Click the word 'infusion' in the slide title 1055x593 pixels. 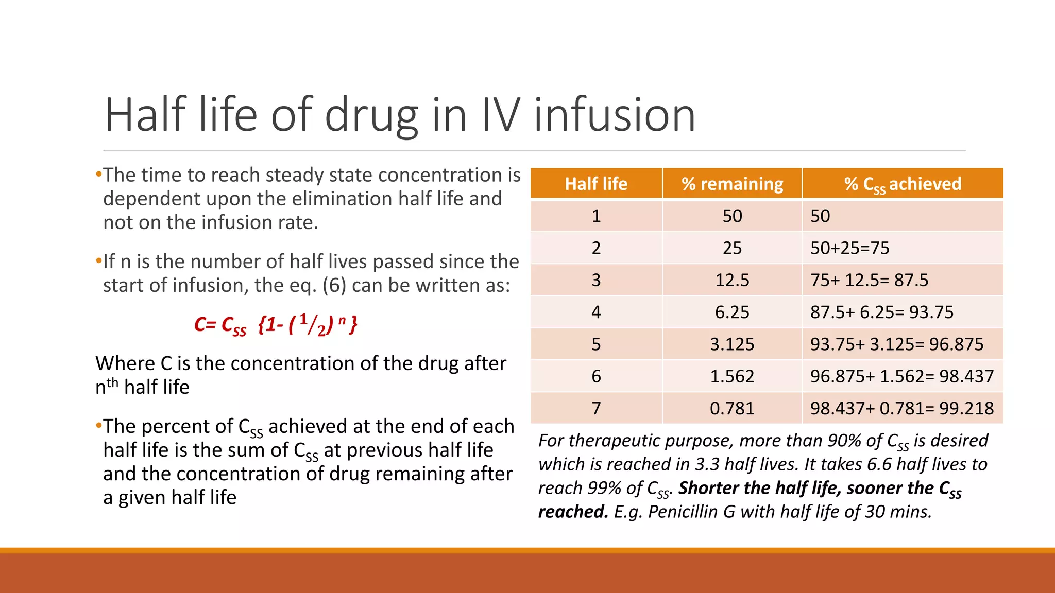tap(614, 115)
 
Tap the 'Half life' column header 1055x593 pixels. tap(596, 184)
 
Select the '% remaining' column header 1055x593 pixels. tap(732, 184)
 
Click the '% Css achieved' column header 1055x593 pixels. tap(903, 184)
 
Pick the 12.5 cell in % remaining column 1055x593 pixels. tap(732, 280)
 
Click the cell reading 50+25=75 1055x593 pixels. tap(850, 248)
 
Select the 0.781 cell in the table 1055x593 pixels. tap(732, 408)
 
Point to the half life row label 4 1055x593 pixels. tap(596, 312)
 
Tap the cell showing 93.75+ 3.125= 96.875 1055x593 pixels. tap(897, 344)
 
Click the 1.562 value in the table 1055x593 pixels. tap(732, 376)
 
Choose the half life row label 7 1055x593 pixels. tap(596, 408)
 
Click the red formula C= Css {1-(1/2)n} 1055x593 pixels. tap(276, 325)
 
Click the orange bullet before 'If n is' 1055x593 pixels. tap(98, 261)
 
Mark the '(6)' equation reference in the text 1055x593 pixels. tap(334, 285)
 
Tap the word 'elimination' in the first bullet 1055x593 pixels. tap(327, 199)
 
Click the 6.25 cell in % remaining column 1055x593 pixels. tap(732, 312)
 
